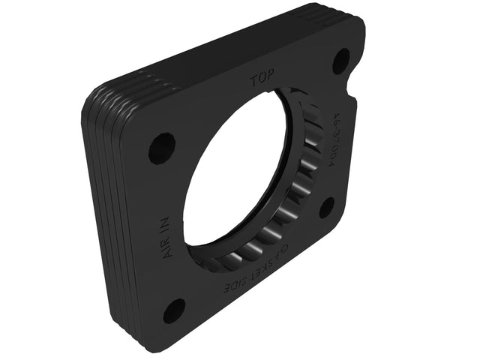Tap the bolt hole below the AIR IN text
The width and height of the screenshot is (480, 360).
pyautogui.click(x=174, y=310)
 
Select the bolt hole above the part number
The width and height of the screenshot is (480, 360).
pyautogui.click(x=340, y=59)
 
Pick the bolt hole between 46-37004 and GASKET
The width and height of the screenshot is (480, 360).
pyautogui.click(x=327, y=206)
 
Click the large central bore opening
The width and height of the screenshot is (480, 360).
pyautogui.click(x=232, y=176)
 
